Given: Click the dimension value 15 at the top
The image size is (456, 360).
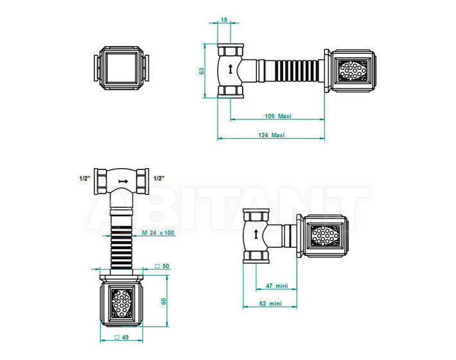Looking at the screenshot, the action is tap(224, 20).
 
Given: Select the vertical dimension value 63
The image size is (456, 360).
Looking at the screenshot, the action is tap(202, 71).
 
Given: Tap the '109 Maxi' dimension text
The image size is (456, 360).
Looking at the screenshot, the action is tap(277, 116).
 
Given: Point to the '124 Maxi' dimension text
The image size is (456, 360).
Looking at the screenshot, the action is tap(271, 135).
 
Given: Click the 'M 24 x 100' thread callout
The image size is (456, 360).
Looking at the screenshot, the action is tap(158, 232).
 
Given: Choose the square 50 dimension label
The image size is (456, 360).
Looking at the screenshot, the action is tap(162, 266).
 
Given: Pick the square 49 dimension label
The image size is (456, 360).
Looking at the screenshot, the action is tap(121, 338).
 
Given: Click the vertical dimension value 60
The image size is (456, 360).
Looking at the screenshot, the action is tap(164, 301).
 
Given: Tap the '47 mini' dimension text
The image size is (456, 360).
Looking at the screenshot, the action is tap(277, 286).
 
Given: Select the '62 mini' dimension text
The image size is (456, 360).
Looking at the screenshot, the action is tap(270, 304).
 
